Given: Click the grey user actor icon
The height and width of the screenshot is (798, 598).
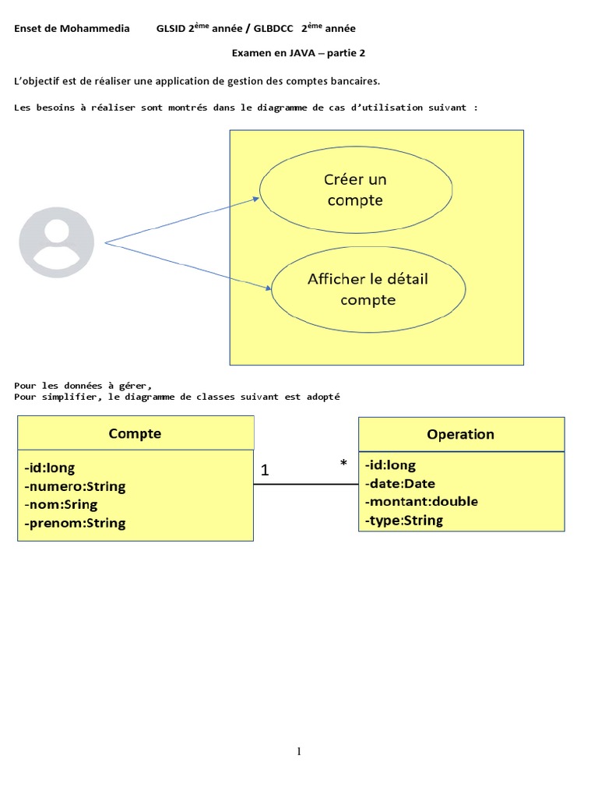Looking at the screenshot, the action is coord(56,242).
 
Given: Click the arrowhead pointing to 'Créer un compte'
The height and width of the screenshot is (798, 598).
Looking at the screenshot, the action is coord(256,199).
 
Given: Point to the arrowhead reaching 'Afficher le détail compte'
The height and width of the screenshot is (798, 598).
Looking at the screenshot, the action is coord(268,288).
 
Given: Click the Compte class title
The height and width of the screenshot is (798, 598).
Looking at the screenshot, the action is coord(135,433).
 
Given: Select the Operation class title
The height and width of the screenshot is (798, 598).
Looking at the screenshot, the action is coord(461,434).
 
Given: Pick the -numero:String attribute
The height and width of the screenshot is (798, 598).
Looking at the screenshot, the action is coord(75,486).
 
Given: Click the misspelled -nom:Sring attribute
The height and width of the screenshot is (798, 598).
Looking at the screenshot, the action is coord(61,505).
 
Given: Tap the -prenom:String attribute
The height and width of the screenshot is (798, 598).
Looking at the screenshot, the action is coord(75,523).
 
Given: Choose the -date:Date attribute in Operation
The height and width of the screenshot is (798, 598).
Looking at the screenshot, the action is coord(400,483).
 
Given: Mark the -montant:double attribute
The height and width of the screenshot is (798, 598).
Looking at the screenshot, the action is coord(421,501).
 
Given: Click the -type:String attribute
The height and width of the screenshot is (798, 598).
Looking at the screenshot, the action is coord(404,520).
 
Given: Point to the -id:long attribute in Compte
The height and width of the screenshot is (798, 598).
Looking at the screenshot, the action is coord(49,468).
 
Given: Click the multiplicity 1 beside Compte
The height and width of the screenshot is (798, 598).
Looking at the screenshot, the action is coord(265,470).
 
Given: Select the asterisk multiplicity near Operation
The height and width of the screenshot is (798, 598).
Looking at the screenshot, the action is coord(343,463).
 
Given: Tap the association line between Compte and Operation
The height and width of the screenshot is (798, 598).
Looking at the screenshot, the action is coord(306,484).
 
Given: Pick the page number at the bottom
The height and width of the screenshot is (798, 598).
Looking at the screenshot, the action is coord(299,751).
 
